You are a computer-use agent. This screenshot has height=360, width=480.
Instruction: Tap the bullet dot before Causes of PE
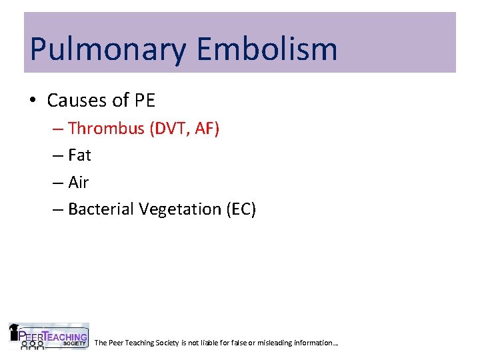point(33,101)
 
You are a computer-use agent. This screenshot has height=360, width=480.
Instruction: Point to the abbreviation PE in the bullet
point(144,101)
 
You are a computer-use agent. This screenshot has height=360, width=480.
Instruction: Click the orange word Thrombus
point(106,128)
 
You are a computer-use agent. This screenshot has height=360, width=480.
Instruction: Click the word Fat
point(79,155)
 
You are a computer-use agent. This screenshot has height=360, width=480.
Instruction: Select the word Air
point(79,182)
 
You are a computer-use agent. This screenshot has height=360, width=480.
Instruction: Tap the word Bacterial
point(101,209)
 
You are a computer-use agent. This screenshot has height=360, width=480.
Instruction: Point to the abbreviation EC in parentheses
point(241,209)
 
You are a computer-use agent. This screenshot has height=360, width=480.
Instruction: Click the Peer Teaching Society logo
point(48,336)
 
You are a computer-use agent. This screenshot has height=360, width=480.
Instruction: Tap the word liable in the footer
point(213,343)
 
